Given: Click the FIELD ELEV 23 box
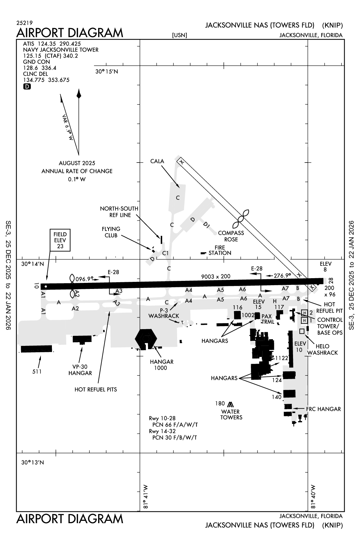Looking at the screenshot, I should pos(60,240).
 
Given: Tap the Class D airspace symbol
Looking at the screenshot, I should pos(27,86).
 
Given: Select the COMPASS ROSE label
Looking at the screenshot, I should pos(231,236).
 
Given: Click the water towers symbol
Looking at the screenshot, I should pos(230,405).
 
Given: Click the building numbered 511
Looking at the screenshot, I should pos(37,349).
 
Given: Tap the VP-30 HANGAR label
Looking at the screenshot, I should pos(80,370).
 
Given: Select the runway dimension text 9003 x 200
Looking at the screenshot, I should pos(216,277).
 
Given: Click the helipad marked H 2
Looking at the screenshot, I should pos(304,313).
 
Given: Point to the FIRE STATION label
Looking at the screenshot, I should pos(220,250).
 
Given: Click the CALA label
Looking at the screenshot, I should pos(157,161).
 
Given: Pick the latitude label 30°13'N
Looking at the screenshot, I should pos(32,463).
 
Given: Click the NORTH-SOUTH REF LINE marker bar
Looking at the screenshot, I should pos(161,239).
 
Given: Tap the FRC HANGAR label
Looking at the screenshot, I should pos(323,409).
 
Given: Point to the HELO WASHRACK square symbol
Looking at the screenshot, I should pos(302,331).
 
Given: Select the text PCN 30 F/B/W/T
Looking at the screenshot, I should pos(175,437).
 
